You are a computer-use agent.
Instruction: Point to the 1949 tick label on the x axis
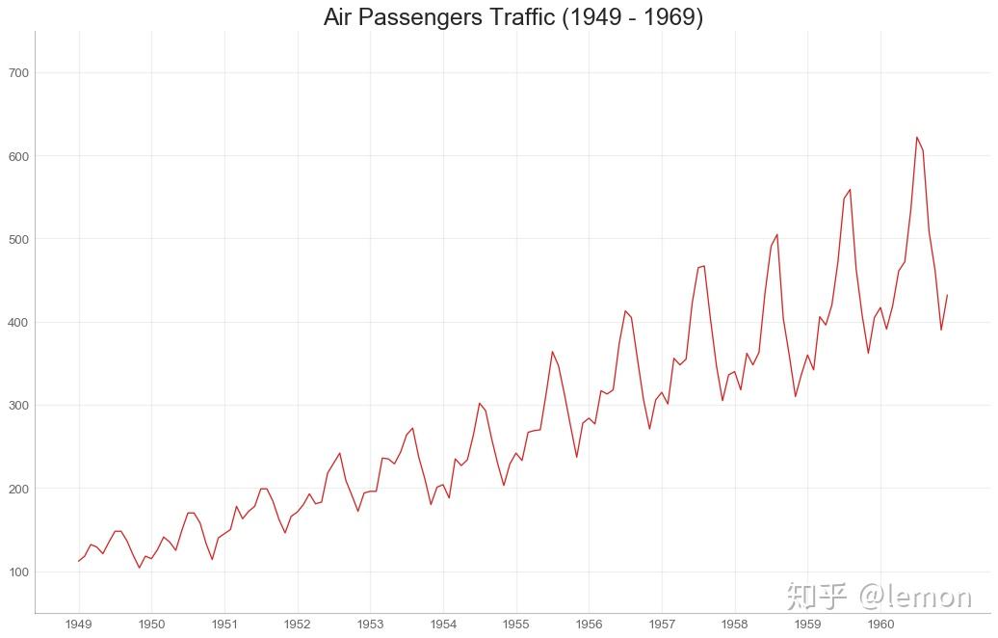[79, 624]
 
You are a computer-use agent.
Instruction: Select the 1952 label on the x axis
[298, 624]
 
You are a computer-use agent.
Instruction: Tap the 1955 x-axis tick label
[516, 624]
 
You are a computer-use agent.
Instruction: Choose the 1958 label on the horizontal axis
[735, 624]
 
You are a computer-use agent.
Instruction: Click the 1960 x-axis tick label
[880, 624]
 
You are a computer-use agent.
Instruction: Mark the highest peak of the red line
[917, 137]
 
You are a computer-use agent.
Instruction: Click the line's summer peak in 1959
[850, 189]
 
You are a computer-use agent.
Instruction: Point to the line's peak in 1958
[776, 234]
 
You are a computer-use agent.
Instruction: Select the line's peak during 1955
[552, 352]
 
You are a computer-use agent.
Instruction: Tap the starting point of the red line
[79, 561]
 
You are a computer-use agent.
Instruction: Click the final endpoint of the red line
[947, 295]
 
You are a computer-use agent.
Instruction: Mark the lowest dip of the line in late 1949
[140, 568]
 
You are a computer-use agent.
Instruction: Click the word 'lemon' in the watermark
[925, 597]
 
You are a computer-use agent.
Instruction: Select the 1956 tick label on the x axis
[589, 624]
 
